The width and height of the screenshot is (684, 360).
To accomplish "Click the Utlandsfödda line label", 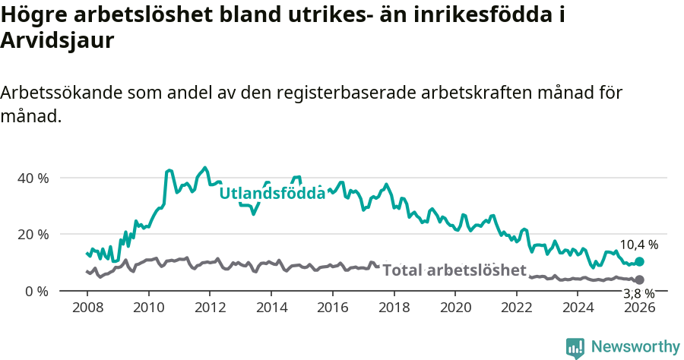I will pyautogui.click(x=272, y=193).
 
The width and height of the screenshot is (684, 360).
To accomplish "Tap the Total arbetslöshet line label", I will pyautogui.click(x=454, y=270).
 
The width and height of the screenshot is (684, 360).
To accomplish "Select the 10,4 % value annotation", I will pyautogui.click(x=638, y=245).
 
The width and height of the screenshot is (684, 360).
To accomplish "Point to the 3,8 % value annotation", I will pyautogui.click(x=638, y=293).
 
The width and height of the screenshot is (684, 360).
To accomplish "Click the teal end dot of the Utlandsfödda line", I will pyautogui.click(x=639, y=261).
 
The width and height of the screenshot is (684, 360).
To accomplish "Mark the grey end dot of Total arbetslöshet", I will pyautogui.click(x=639, y=280).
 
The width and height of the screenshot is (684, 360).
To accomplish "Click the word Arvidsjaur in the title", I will pyautogui.click(x=57, y=41).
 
